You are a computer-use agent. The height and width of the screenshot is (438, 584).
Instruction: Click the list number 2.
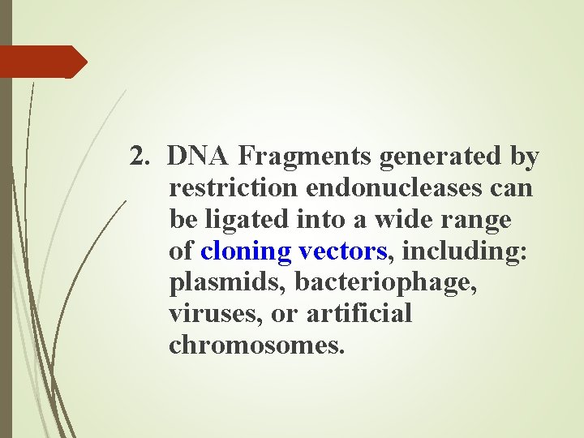tap(140, 157)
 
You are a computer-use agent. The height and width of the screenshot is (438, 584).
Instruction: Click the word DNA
tap(200, 157)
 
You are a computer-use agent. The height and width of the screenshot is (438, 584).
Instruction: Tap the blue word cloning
tap(246, 251)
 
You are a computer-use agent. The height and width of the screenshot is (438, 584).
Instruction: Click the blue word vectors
tap(341, 251)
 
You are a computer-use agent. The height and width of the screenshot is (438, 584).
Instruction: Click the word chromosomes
tap(257, 346)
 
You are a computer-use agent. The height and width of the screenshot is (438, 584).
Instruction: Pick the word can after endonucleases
tap(512, 188)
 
